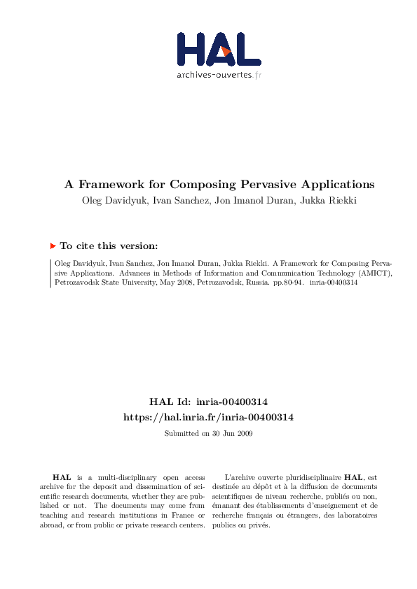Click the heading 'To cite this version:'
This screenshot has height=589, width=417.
[109, 246]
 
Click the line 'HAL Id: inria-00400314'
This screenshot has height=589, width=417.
[208, 402]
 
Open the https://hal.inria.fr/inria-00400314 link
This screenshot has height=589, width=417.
[208, 417]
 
